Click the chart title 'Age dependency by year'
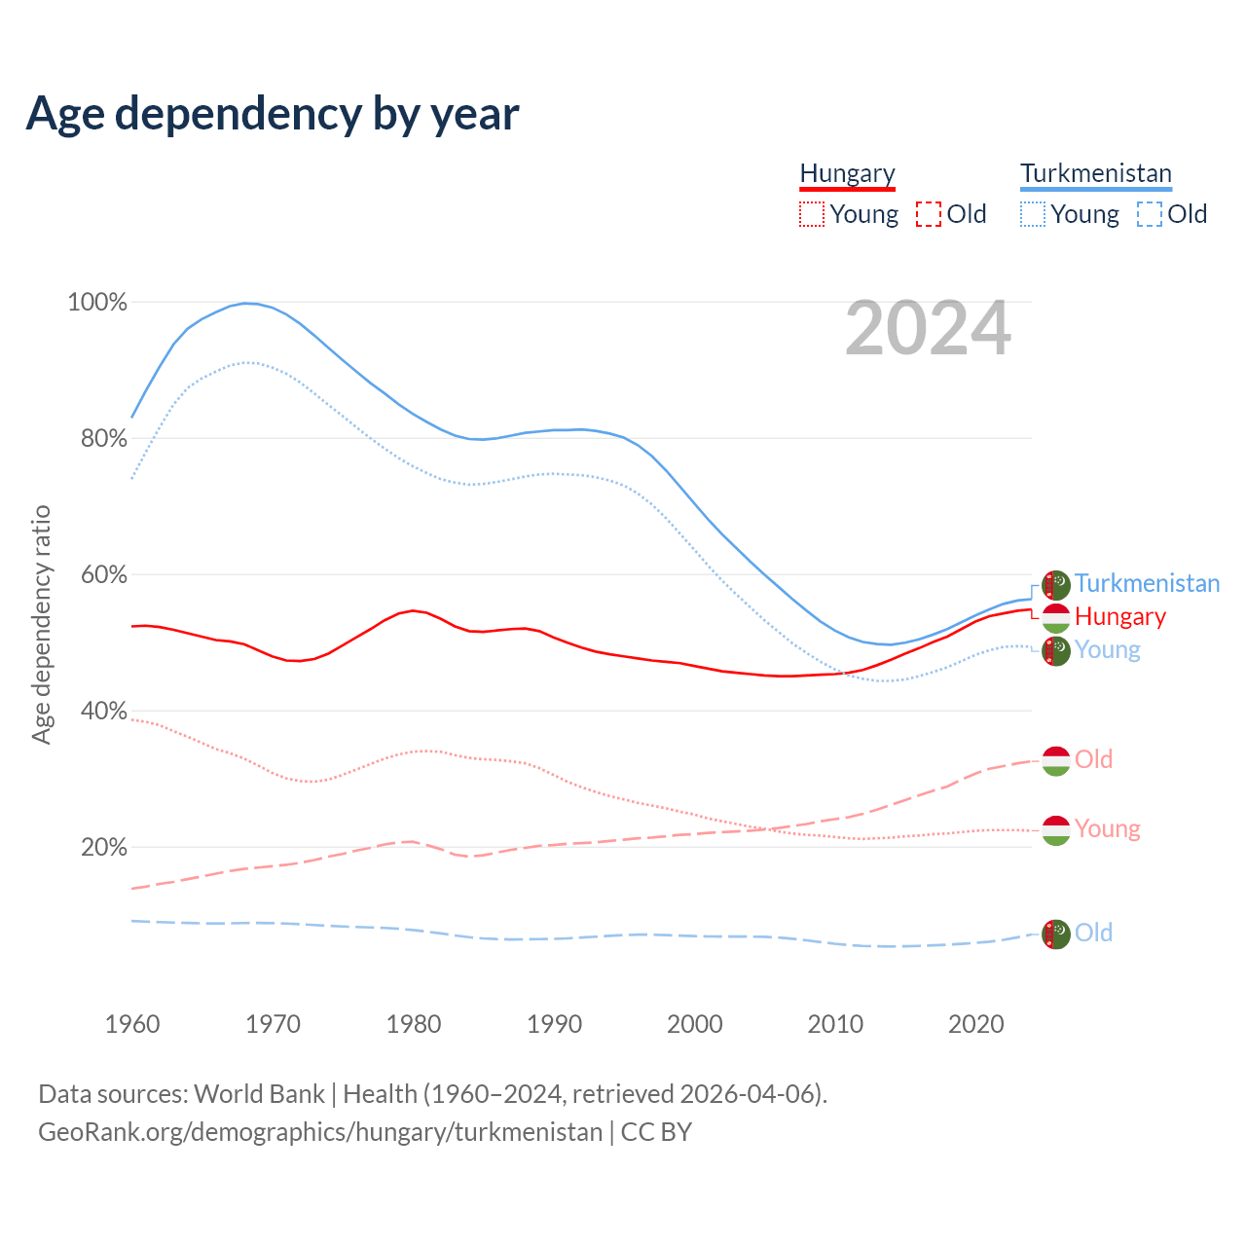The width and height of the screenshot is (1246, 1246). point(273,114)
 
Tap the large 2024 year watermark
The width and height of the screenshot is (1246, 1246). point(928,329)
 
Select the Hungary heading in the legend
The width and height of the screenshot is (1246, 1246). point(847,173)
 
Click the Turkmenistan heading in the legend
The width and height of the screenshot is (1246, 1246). point(1096,173)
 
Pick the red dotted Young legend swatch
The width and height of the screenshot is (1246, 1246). point(812,214)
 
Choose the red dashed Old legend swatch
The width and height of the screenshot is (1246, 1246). point(929,214)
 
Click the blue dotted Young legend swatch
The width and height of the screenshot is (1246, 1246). point(1033,214)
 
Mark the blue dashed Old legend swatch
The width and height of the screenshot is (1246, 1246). point(1150,214)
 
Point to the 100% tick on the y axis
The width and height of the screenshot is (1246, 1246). point(97,303)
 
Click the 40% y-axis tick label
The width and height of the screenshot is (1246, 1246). point(104,712)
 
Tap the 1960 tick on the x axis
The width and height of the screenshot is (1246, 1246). point(132,1024)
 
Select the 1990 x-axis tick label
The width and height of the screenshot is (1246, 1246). point(554,1024)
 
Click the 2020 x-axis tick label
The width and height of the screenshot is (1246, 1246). point(975,1024)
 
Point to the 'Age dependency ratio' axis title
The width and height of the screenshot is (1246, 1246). point(41,624)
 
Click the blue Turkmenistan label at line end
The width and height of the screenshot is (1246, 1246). point(1147,583)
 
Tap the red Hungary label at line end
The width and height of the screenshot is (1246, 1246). point(1119,616)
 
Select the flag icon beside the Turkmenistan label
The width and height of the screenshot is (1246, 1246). point(1056,585)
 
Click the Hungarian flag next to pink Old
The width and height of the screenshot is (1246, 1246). point(1056,760)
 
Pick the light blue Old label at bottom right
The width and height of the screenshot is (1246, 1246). point(1093,933)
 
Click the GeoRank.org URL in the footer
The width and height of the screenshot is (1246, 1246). point(320,1132)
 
